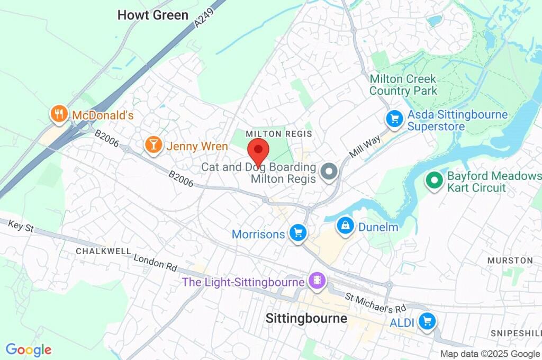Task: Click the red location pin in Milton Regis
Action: point(258,150)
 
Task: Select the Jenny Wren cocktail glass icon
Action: point(153,146)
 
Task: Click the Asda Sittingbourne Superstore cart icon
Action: point(394,119)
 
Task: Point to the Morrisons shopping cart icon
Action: point(297,233)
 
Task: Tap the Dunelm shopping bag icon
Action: point(345,226)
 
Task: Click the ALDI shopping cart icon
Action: point(426,321)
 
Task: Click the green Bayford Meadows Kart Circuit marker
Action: point(434,181)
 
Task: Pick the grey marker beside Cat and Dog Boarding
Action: point(330,172)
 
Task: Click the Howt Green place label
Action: point(152,15)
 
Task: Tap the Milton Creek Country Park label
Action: point(403,85)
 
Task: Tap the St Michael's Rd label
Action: point(375,302)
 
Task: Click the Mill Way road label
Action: point(365,148)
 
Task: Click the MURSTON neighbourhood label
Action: point(510,260)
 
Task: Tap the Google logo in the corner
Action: point(29,349)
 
